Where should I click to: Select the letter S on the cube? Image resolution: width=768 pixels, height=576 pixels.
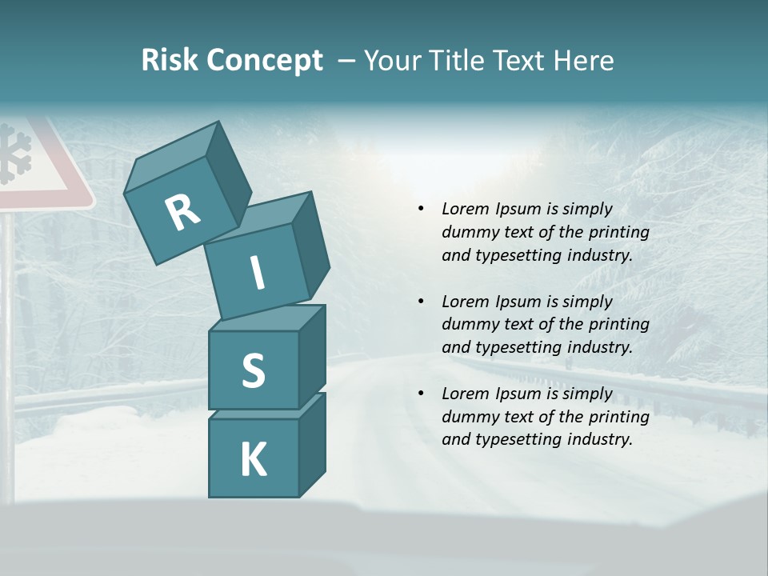253,370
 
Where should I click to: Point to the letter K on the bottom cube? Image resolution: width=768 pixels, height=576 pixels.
253,460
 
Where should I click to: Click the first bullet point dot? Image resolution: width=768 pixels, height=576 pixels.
422,209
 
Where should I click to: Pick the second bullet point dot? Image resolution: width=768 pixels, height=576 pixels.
422,302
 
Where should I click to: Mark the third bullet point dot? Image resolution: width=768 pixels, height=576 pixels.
422,394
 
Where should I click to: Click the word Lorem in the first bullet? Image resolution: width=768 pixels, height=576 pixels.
466,209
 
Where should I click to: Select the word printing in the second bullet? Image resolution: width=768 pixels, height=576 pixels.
619,324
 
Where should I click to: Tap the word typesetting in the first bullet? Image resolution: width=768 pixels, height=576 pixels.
516,255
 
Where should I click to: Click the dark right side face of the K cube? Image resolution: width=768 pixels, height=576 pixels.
312,444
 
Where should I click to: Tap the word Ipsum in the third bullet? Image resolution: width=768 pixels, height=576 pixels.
518,394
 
